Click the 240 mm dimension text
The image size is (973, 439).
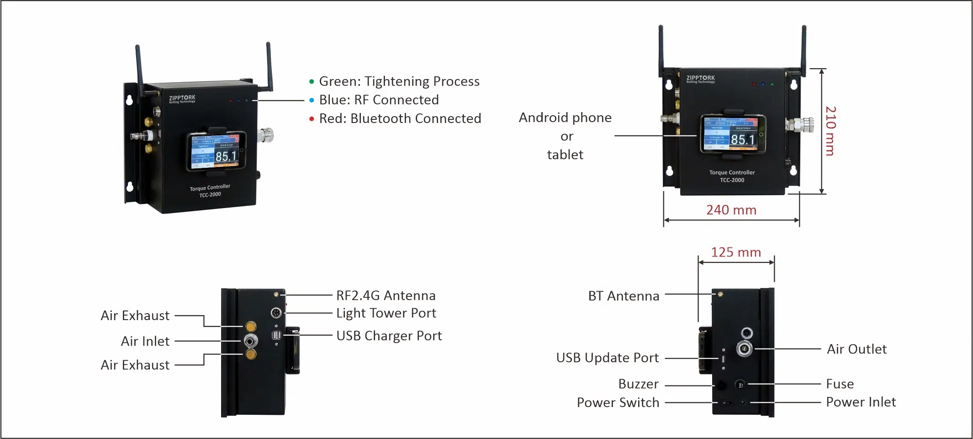pos(731,210)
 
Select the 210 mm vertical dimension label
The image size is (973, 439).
pos(831,131)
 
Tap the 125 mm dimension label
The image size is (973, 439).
pos(736,252)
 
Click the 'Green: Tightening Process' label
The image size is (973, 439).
pos(399,81)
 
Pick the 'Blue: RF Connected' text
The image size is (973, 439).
pos(379,100)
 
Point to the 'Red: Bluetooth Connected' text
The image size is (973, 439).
pos(400,118)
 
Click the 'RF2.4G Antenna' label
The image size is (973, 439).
pos(386,295)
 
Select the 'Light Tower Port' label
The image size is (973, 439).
pos(386,313)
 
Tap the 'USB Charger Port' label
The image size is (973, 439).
pos(389,336)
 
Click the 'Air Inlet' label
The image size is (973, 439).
pos(145,341)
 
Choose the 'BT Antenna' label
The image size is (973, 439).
pos(624,296)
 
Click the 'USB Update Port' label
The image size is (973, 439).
pos(607,358)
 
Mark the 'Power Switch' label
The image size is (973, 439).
pos(618,402)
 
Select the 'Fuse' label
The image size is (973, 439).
pos(840,384)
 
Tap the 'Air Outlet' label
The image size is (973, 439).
pos(857,349)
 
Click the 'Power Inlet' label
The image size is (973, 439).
pos(861,402)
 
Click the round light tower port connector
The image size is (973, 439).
pos(276,313)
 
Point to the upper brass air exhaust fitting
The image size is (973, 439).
pos(251,327)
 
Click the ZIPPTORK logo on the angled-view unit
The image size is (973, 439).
pos(182,98)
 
